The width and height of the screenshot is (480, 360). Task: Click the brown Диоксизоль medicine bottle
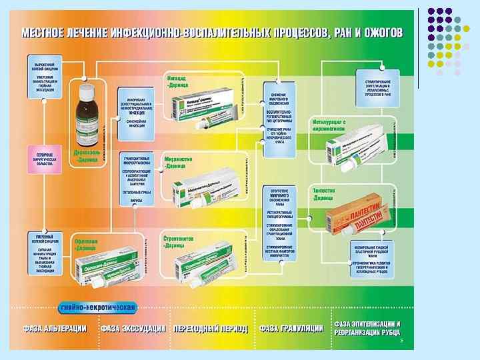point(87,111)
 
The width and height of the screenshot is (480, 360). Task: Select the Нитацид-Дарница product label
point(179,83)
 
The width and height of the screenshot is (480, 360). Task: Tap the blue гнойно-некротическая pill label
point(99,307)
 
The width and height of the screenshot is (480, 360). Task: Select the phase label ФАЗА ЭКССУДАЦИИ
point(134,329)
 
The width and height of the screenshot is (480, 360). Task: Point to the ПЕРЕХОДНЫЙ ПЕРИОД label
point(210,329)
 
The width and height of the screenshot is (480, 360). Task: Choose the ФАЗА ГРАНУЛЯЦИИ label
point(291,329)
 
